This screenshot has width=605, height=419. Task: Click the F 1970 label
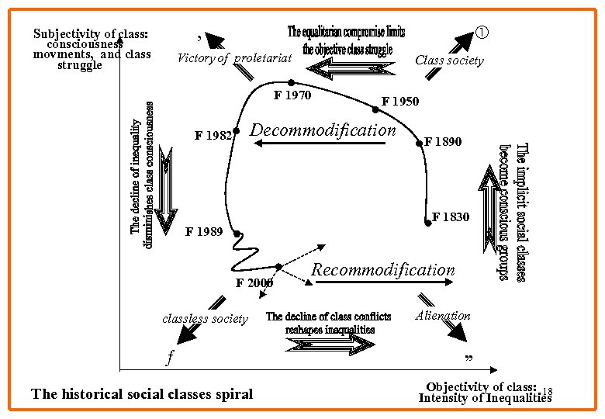pyautogui.click(x=292, y=96)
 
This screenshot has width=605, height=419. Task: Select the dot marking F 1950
pyautogui.click(x=375, y=110)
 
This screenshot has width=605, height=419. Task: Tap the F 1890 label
pyautogui.click(x=443, y=142)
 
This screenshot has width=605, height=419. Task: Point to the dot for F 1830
pyautogui.click(x=428, y=223)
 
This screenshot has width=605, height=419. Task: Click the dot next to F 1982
pyautogui.click(x=236, y=132)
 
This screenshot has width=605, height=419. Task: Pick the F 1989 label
pyautogui.click(x=204, y=232)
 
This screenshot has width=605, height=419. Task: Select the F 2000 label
pyautogui.click(x=254, y=282)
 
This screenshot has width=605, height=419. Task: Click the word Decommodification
pyautogui.click(x=324, y=130)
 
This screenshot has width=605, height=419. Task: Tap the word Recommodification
pyautogui.click(x=382, y=270)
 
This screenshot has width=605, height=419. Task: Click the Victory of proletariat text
pyautogui.click(x=234, y=58)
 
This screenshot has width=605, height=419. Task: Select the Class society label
pyautogui.click(x=449, y=61)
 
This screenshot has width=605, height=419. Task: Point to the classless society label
pyautogui.click(x=205, y=319)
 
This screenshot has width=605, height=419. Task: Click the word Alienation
pyautogui.click(x=443, y=315)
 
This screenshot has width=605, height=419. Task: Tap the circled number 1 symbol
pyautogui.click(x=482, y=33)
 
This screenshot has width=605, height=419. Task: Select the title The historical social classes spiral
pyautogui.click(x=142, y=394)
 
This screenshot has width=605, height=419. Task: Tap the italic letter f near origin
pyautogui.click(x=170, y=358)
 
